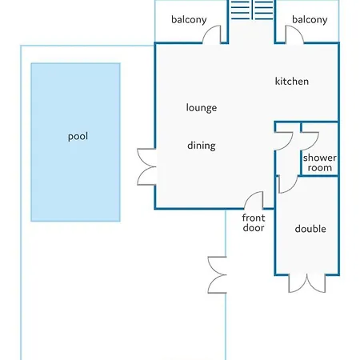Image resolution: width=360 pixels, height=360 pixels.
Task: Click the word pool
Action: tap(78, 137)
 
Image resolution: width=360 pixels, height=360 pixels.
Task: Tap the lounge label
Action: tap(202, 108)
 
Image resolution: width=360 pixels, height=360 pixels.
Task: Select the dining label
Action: tap(202, 146)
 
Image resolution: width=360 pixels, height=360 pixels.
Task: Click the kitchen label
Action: tap(292, 82)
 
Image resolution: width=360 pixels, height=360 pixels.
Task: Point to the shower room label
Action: tap(320, 162)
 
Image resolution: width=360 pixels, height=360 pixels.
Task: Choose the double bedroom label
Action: tap(310, 229)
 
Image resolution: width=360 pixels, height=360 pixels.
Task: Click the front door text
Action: tap(254, 223)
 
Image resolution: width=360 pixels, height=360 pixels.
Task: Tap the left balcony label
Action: tap(189, 20)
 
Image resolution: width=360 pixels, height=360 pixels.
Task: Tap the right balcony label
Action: tap(310, 20)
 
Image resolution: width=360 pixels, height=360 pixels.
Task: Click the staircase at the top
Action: tap(252, 10)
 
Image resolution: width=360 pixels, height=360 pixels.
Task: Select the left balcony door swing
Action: tap(213, 34)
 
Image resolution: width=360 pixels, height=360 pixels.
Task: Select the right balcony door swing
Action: tap(294, 34)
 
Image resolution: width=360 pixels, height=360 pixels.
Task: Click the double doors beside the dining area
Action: tap(146, 167)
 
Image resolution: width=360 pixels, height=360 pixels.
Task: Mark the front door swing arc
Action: tap(253, 200)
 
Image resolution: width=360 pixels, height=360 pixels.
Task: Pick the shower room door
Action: tap(310, 141)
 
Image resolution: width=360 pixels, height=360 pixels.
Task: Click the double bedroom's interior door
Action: tap(288, 184)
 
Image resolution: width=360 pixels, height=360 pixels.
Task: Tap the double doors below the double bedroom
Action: tap(307, 283)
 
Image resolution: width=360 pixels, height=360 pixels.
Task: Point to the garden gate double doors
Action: tap(217, 275)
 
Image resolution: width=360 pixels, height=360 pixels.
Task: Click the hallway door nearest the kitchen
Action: tap(284, 141)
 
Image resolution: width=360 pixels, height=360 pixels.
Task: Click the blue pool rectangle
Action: tap(75, 142)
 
